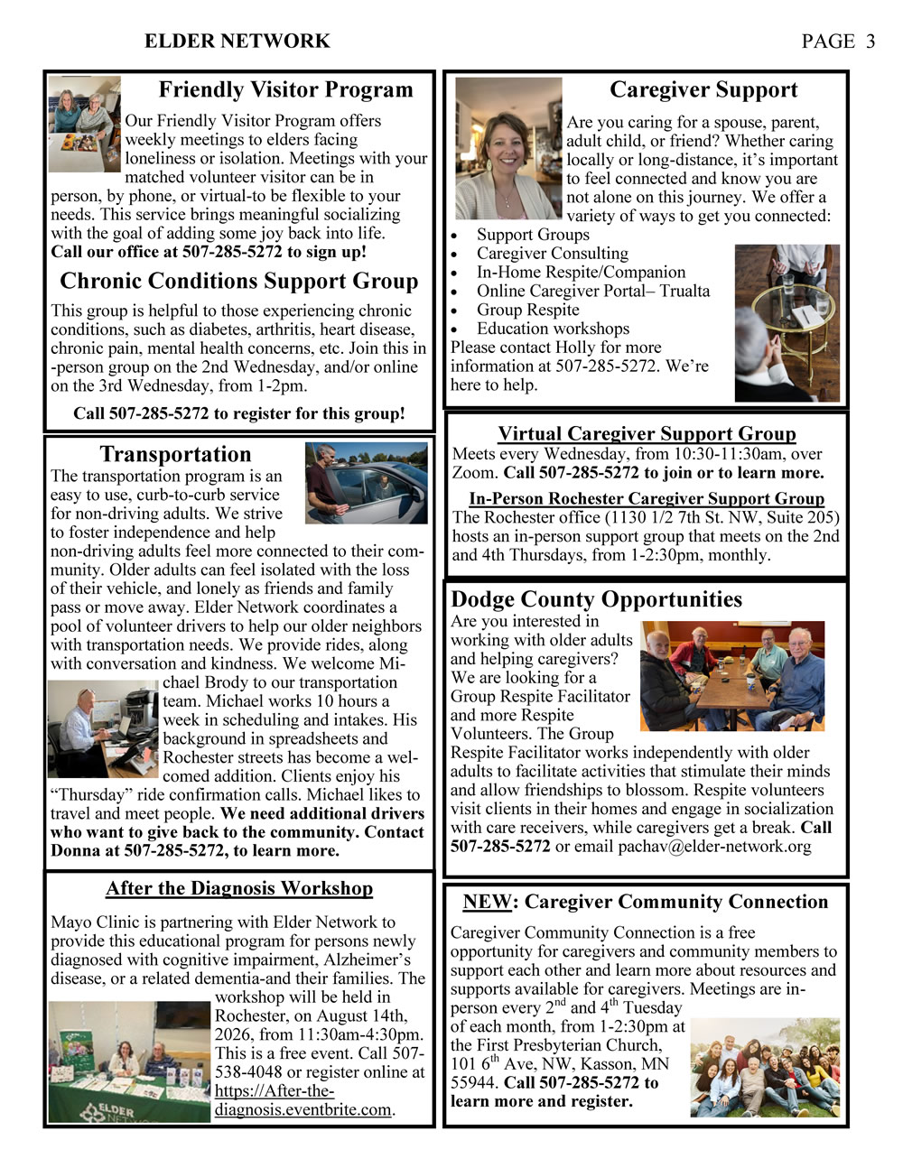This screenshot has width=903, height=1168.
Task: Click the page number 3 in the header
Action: (x=870, y=42)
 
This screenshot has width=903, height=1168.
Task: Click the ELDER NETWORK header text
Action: (x=237, y=42)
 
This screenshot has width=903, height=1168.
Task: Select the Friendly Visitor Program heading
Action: (x=285, y=89)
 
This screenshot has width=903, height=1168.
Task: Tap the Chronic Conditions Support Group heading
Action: (x=239, y=281)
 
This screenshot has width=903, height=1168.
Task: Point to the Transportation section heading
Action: (x=175, y=454)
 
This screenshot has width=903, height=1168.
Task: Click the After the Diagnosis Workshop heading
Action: (x=239, y=888)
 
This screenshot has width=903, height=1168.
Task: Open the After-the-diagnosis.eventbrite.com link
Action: (x=303, y=1099)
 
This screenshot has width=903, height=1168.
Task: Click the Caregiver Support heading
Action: (x=703, y=89)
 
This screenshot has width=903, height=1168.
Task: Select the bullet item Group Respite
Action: (x=528, y=310)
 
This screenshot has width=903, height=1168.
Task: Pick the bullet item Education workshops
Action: (x=553, y=329)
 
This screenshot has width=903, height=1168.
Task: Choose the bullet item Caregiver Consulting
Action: (x=552, y=254)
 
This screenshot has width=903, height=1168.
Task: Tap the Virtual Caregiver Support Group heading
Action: (x=647, y=433)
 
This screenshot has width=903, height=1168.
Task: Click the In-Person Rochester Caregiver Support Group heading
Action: (x=647, y=498)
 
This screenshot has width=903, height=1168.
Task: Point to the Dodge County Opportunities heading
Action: (x=596, y=599)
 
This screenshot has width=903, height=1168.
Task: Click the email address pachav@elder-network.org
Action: (x=714, y=847)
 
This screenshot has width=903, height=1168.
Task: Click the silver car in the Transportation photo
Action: (x=379, y=492)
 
